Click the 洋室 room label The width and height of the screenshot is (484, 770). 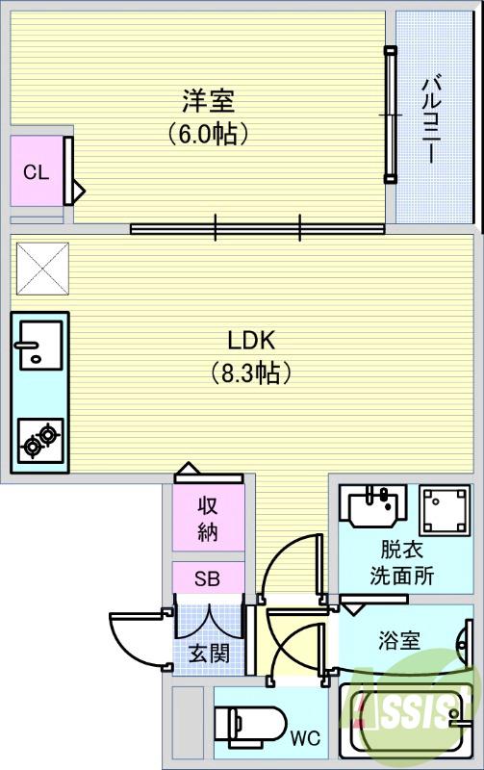tap(209, 100)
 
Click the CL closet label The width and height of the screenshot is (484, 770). tap(36, 172)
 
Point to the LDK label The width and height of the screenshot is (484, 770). tap(251, 340)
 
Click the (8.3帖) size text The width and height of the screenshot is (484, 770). tap(251, 372)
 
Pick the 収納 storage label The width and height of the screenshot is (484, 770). tap(209, 517)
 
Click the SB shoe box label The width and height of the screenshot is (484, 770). tap(208, 578)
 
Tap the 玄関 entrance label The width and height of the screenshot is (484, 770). tap(208, 654)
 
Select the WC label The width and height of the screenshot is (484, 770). tap(305, 738)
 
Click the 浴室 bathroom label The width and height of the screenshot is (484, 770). tap(398, 640)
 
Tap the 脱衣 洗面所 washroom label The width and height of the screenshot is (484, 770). tap(401, 565)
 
